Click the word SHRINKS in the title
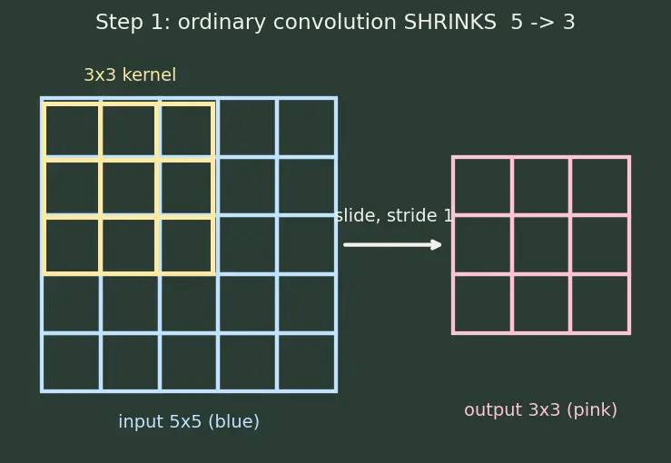point(449,22)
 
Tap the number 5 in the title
point(517,22)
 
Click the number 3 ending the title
point(568,22)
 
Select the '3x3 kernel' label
point(130,74)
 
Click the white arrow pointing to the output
point(392,245)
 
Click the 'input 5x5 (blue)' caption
point(189,421)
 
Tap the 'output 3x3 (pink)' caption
point(541,410)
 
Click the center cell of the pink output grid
point(541,245)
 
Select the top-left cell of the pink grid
point(482,186)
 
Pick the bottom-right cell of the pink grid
point(600,304)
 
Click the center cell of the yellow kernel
point(129,188)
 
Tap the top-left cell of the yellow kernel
point(72,131)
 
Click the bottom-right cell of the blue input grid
point(307,362)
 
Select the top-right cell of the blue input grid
point(307,127)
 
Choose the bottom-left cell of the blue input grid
point(71,362)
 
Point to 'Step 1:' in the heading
point(133,22)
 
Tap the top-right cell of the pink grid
point(600,186)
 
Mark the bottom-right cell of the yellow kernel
point(186,246)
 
